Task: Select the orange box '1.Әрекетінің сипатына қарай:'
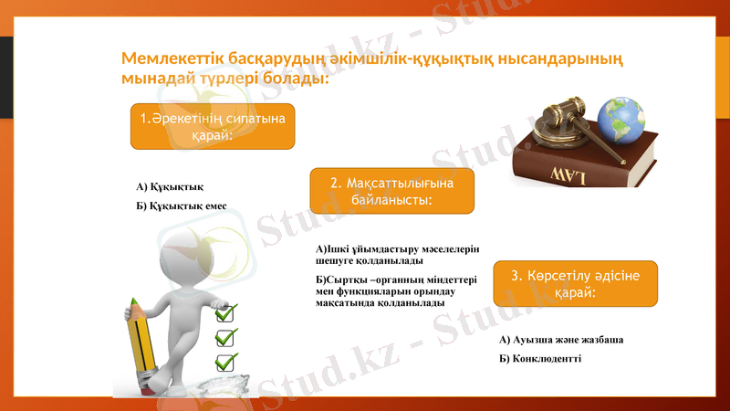pyautogui.click(x=213, y=127)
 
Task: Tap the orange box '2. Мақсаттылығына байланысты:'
pyautogui.click(x=391, y=191)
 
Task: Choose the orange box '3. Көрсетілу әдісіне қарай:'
pyautogui.click(x=575, y=283)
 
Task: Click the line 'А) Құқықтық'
pyautogui.click(x=170, y=187)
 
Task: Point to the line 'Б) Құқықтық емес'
pyautogui.click(x=182, y=205)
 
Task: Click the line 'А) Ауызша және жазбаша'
pyautogui.click(x=561, y=340)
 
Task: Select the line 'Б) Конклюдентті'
pyautogui.click(x=540, y=358)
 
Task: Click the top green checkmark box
pyautogui.click(x=225, y=313)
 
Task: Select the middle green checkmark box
pyautogui.click(x=225, y=337)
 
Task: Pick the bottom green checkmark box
pyautogui.click(x=225, y=361)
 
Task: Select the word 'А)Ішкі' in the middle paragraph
pyautogui.click(x=330, y=249)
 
